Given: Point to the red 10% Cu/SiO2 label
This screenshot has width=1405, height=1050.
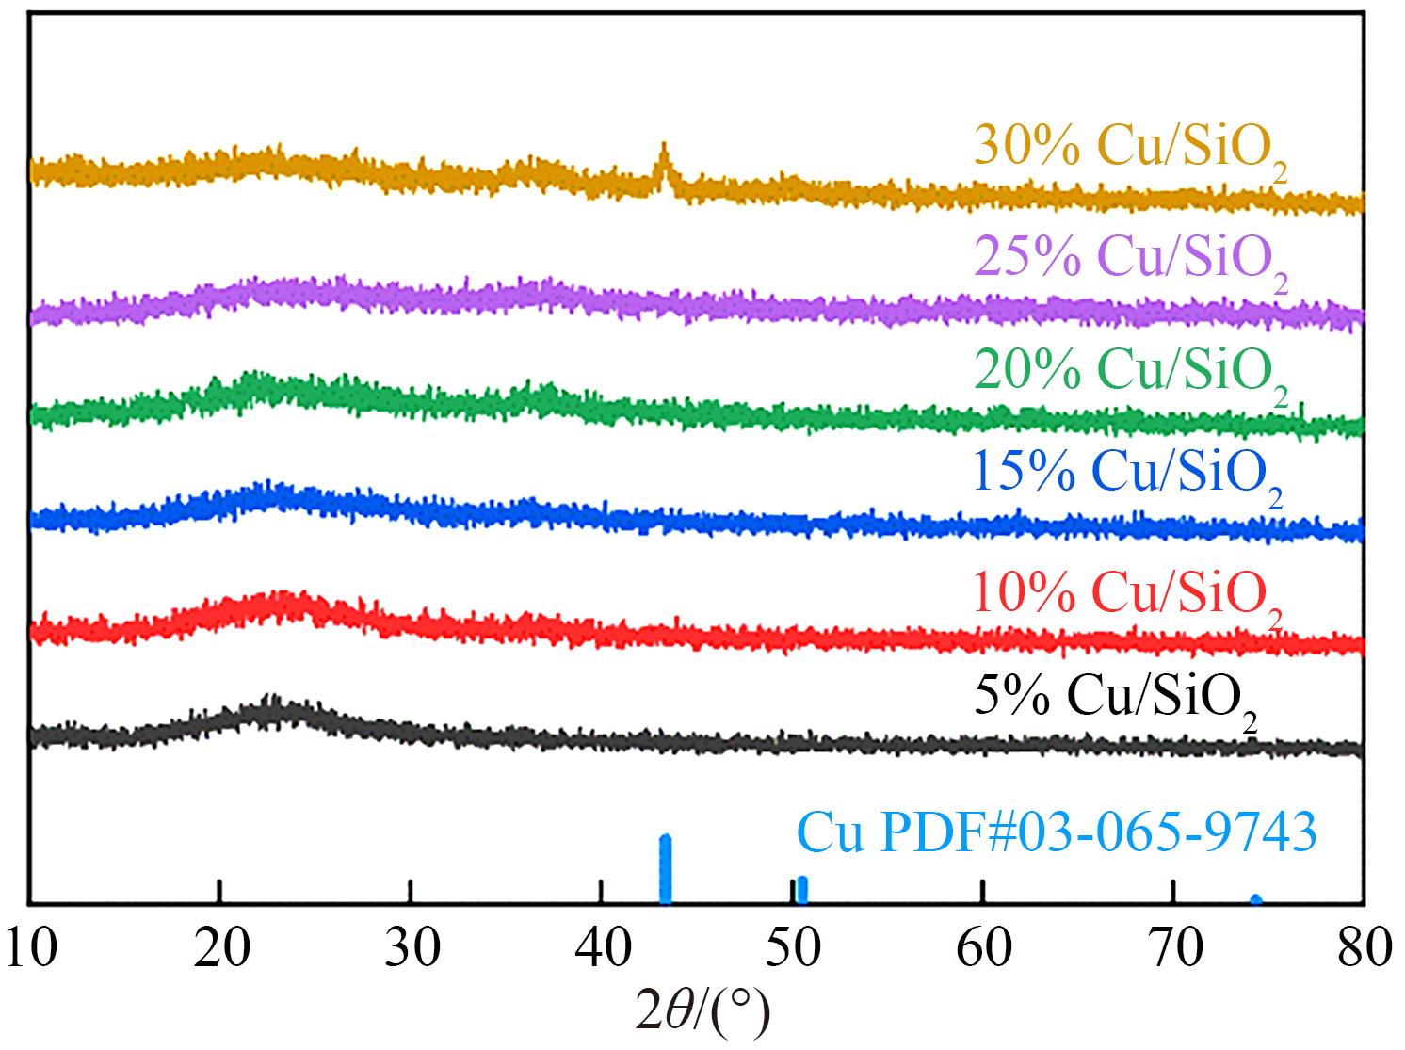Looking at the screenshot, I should pyautogui.click(x=1128, y=596).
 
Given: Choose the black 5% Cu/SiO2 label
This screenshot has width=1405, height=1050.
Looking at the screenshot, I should pyautogui.click(x=1114, y=702).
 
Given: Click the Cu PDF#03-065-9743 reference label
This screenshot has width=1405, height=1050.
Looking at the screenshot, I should pyautogui.click(x=1056, y=834).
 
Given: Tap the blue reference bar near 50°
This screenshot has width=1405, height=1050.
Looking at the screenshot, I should pyautogui.click(x=801, y=889).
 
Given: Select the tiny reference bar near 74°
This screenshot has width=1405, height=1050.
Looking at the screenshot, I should pyautogui.click(x=1255, y=899).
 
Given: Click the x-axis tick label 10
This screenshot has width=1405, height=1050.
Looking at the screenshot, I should pyautogui.click(x=30, y=949).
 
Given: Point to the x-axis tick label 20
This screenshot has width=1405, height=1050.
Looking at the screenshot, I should pyautogui.click(x=220, y=949).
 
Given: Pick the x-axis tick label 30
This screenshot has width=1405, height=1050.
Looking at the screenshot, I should pyautogui.click(x=411, y=949).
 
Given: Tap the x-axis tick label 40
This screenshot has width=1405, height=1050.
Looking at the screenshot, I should pyautogui.click(x=602, y=949).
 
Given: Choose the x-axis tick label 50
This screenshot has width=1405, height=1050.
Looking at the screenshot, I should pyautogui.click(x=793, y=949).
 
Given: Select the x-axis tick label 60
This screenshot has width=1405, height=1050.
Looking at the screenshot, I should pyautogui.click(x=984, y=949).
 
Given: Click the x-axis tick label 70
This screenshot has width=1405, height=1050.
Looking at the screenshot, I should pyautogui.click(x=1174, y=949).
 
